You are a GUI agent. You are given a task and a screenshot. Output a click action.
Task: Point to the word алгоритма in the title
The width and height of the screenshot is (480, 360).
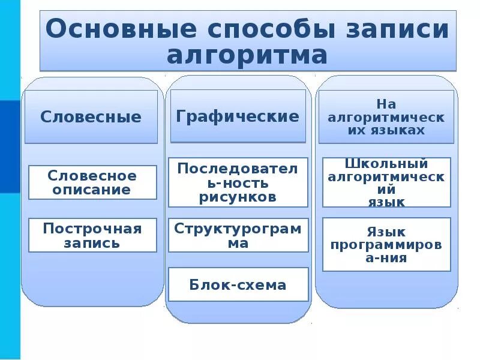tap(247, 56)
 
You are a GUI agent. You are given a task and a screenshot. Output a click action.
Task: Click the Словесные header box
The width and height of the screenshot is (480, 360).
tap(91, 117)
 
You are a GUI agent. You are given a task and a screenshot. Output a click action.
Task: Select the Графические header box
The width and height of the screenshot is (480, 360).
tap(238, 116)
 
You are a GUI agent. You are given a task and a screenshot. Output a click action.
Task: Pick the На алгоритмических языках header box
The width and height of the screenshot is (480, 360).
tap(386, 117)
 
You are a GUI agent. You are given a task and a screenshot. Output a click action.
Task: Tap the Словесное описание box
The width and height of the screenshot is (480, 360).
tap(92, 183)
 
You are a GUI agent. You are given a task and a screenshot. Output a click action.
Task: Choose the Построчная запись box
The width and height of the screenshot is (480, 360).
tap(92, 235)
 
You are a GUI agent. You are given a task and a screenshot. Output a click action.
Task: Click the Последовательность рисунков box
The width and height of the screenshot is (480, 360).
tap(238, 182)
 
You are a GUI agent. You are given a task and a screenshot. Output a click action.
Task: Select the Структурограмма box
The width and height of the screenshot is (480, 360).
tap(238, 235)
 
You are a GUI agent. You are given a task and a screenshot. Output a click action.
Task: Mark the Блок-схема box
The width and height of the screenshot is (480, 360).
tap(238, 284)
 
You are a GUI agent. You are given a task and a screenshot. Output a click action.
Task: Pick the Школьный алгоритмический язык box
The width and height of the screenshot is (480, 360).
tap(386, 182)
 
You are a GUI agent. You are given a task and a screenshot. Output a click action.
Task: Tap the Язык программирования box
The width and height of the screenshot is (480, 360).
tap(386, 245)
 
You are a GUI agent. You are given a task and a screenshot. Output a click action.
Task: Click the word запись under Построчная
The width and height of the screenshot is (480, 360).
tap(92, 243)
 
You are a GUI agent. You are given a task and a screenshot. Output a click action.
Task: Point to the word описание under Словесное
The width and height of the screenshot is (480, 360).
tap(92, 190)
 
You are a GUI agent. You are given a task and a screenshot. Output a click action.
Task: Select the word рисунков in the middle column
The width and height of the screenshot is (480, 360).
tap(238, 197)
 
